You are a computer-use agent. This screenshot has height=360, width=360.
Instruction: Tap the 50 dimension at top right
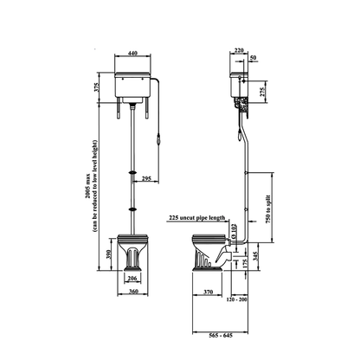(x=254, y=58)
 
